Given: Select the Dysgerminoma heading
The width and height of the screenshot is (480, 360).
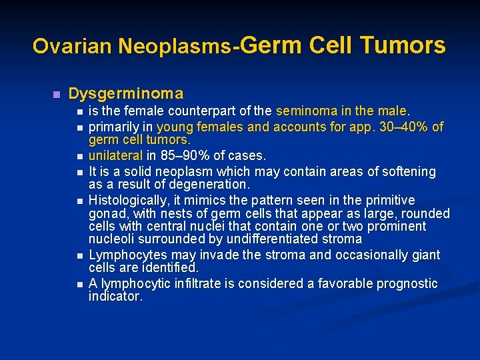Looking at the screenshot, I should tap(126, 93).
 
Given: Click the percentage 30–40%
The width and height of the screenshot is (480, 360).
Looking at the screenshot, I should tap(405, 127).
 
